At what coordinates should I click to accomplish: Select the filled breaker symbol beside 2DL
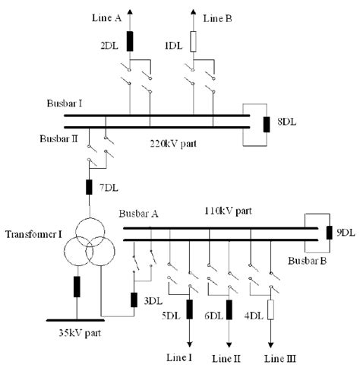tap(130, 41)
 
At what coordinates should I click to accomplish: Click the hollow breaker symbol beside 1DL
tap(194, 41)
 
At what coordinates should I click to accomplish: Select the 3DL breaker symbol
tap(134, 300)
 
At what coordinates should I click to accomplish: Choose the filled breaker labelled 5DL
tap(188, 310)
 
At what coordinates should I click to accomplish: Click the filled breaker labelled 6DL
tap(229, 310)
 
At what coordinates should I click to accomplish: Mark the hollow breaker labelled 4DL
tap(270, 310)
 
